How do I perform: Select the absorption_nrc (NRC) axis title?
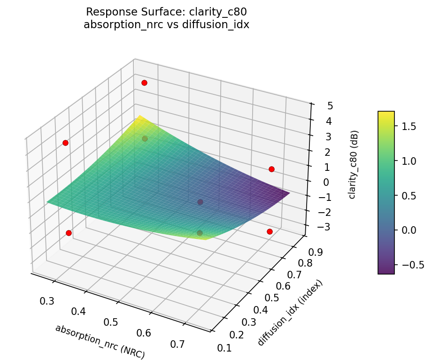tap(100, 342)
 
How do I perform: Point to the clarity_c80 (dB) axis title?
tap(352, 164)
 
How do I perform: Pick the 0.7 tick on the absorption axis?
tap(177, 344)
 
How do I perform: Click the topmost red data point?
tap(144, 83)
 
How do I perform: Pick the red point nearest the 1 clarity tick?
tap(271, 169)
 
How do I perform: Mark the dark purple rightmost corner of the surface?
tap(289, 193)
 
